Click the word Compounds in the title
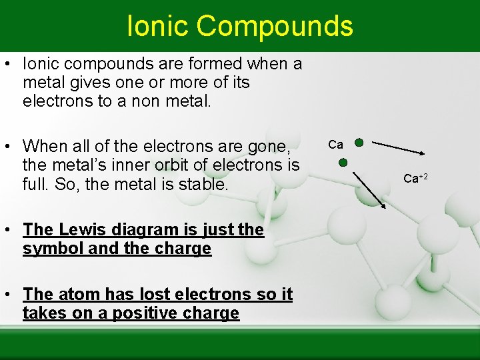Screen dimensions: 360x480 [275, 26]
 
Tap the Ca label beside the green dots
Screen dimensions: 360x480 [336, 145]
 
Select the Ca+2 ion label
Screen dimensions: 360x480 [415, 178]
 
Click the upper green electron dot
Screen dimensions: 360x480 [359, 142]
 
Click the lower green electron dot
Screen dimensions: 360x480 [343, 162]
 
